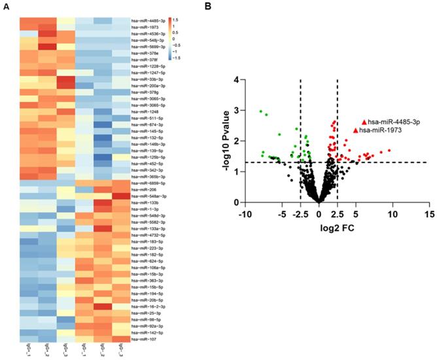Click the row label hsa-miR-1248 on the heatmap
(141, 111)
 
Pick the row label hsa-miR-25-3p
(143, 313)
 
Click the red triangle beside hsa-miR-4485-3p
(364, 122)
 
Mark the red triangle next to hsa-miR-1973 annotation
(356, 130)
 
